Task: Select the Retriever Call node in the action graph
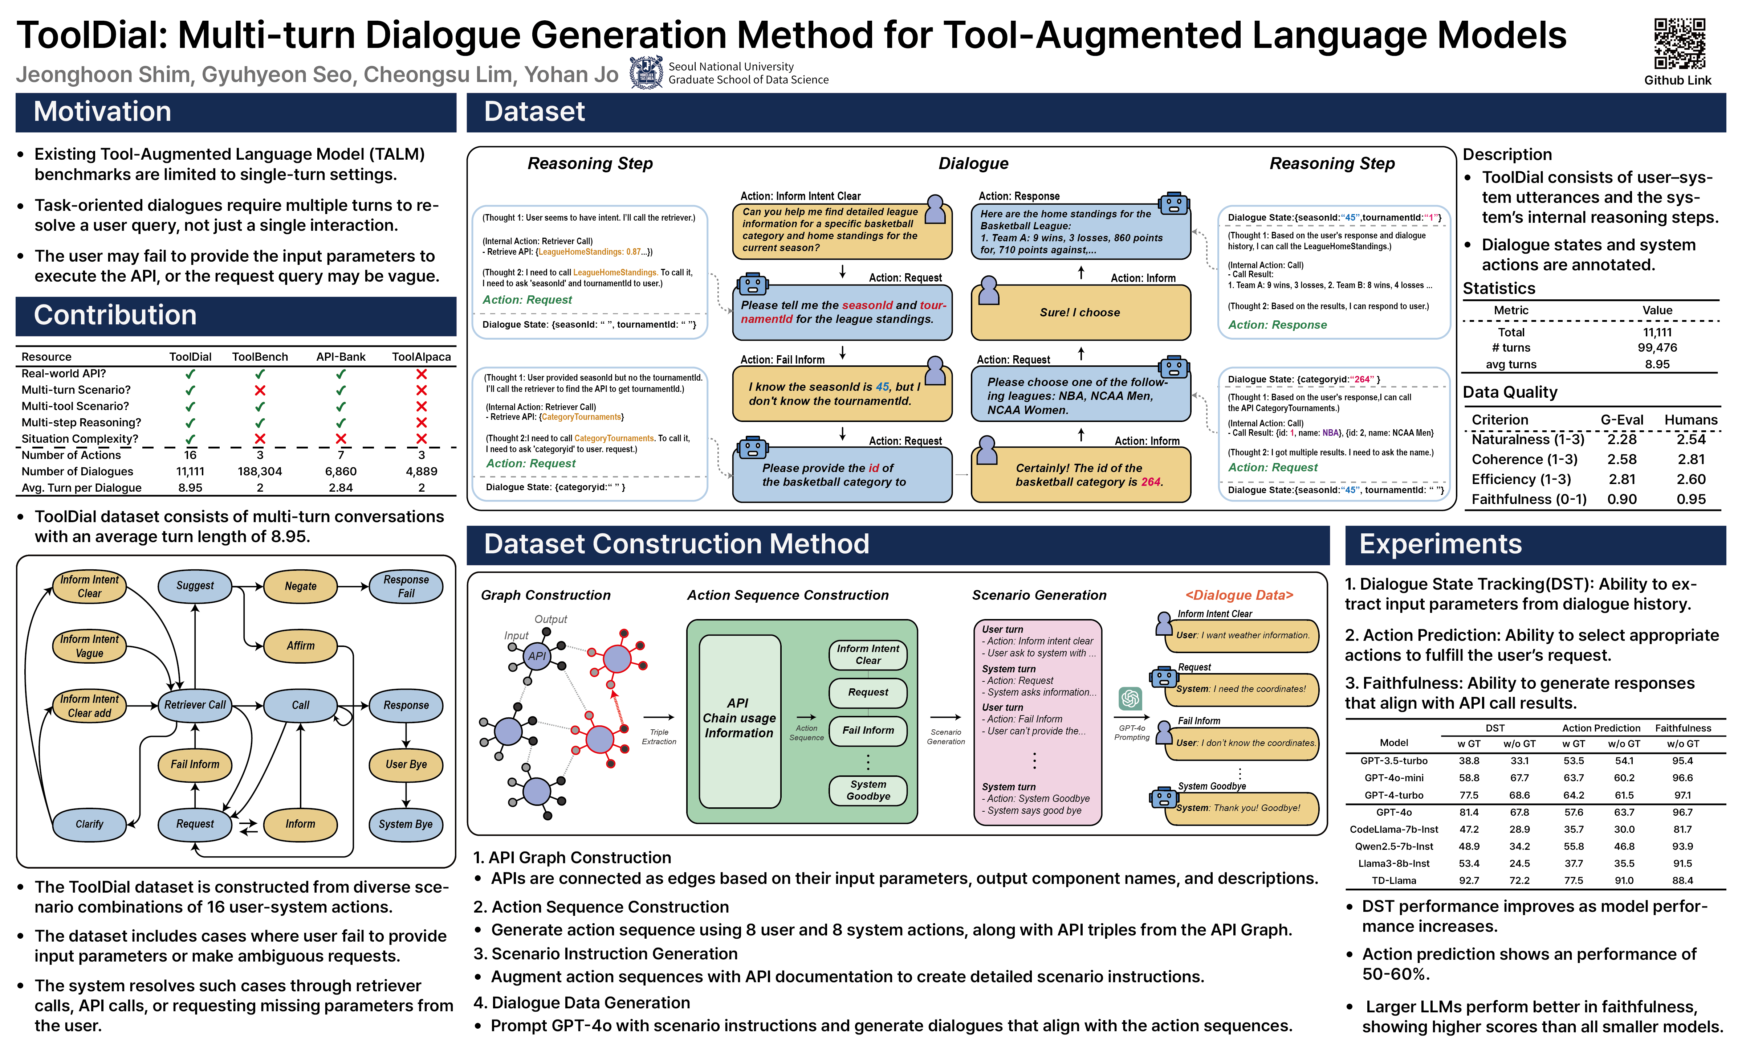pyautogui.click(x=195, y=705)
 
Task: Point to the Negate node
pyautogui.click(x=301, y=586)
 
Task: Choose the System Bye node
pyautogui.click(x=406, y=824)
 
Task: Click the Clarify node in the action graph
pyautogui.click(x=89, y=824)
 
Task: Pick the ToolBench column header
pyautogui.click(x=260, y=357)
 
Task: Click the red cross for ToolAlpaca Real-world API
pyautogui.click(x=421, y=374)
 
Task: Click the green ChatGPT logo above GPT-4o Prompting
pyautogui.click(x=1130, y=698)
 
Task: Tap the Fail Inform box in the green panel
pyautogui.click(x=868, y=731)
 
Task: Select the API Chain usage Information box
pyautogui.click(x=739, y=719)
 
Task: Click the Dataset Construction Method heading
pyautogui.click(x=676, y=544)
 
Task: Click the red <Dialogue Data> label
pyautogui.click(x=1239, y=595)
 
